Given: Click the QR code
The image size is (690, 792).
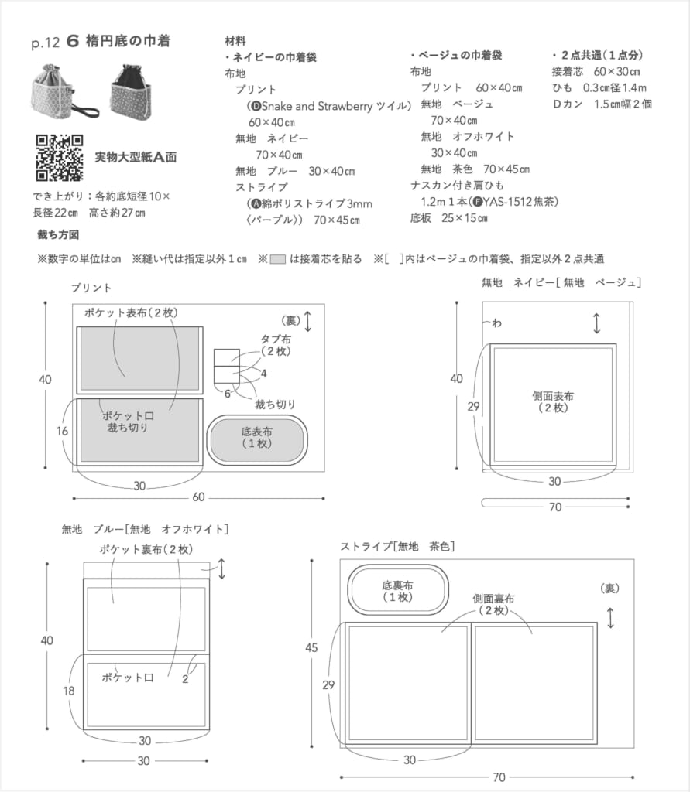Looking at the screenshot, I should [60, 158].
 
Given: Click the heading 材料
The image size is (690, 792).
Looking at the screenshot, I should [235, 41].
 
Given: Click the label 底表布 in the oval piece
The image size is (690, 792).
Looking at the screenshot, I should [257, 437].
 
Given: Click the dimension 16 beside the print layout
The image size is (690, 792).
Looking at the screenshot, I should [62, 431].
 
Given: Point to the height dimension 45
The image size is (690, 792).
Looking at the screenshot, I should [311, 648].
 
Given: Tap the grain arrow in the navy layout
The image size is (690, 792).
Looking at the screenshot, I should [596, 323].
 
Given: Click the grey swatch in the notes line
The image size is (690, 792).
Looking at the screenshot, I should [279, 259].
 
